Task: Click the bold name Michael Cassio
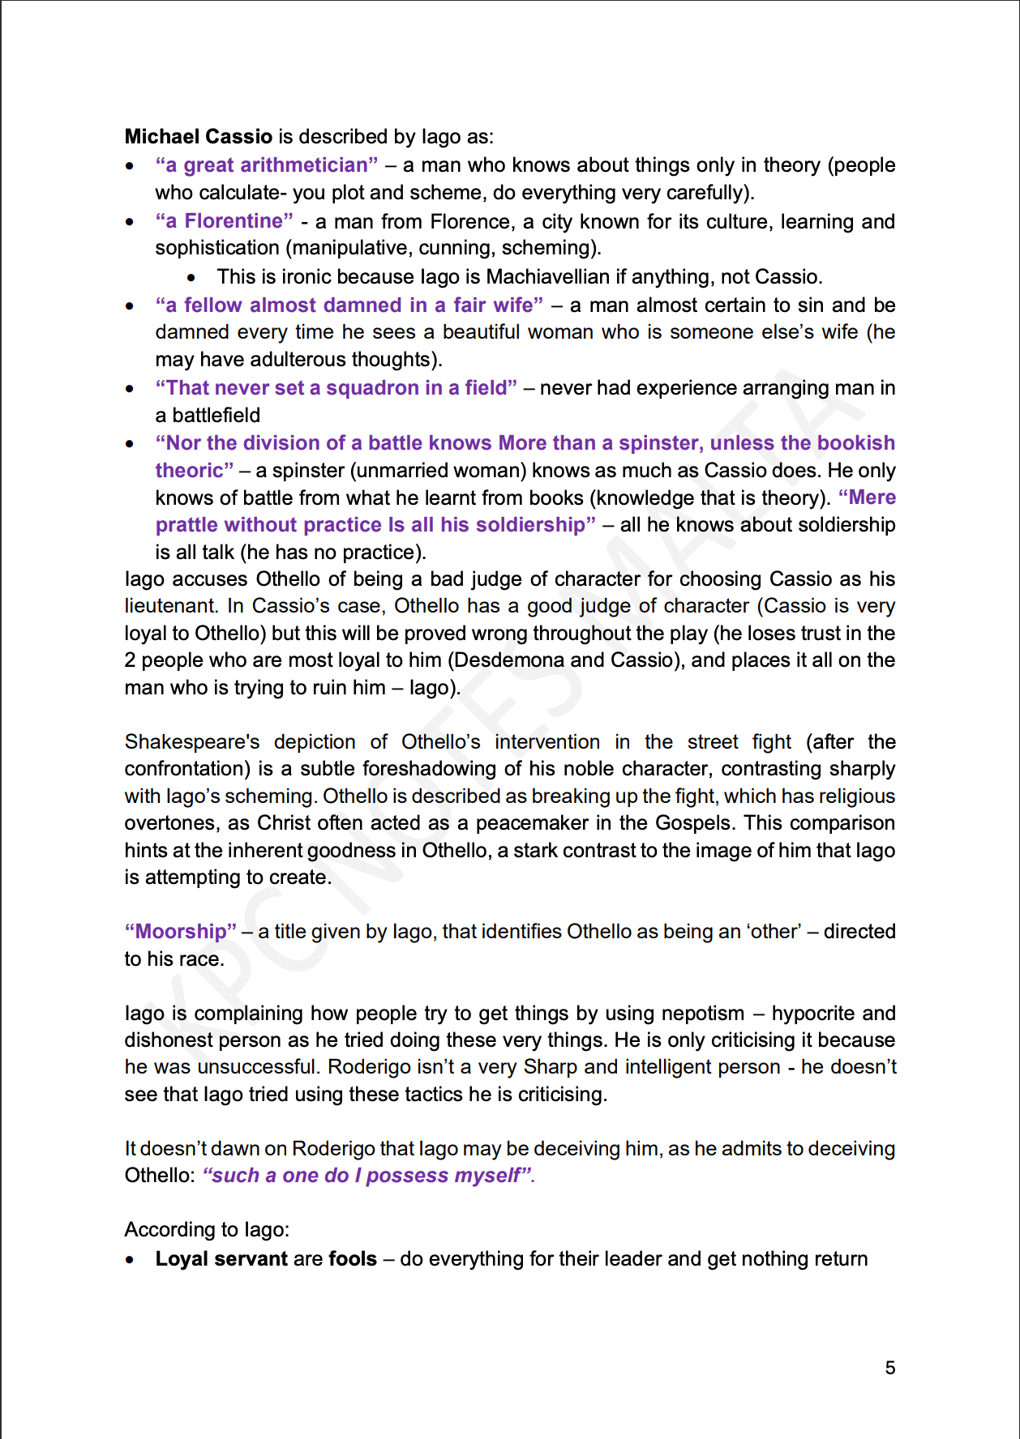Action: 198,136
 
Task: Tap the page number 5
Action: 889,1368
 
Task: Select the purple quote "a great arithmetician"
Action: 267,165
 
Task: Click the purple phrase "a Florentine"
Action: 225,221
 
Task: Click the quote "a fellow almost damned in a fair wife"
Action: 349,305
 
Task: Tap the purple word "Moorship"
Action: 181,932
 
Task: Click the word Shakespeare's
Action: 192,742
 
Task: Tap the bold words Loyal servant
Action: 221,1259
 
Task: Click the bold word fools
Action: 353,1259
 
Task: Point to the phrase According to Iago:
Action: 207,1230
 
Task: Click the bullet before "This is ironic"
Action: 191,278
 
